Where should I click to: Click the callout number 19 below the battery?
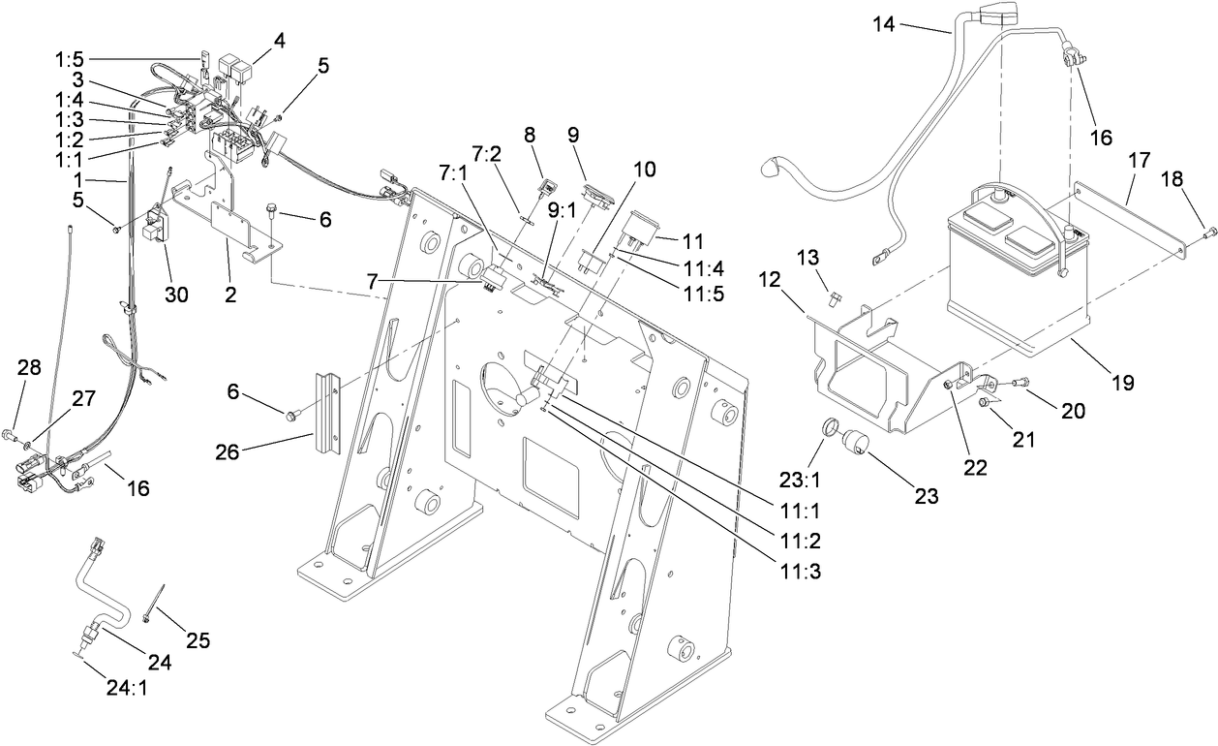pos(1122,383)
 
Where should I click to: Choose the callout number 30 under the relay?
pos(177,295)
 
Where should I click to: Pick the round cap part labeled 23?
pos(854,442)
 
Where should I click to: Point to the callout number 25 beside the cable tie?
pos(197,641)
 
